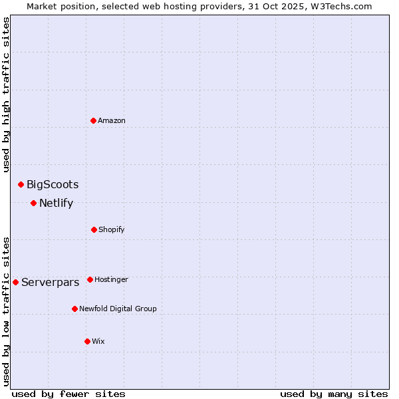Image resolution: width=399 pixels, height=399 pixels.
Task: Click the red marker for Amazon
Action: click(x=94, y=120)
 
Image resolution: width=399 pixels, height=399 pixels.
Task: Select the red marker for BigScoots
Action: click(x=21, y=184)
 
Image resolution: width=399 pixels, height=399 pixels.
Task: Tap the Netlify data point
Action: click(x=33, y=203)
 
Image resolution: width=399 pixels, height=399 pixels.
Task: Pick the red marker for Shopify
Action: click(x=94, y=229)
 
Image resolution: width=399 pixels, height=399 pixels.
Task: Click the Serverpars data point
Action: click(x=15, y=282)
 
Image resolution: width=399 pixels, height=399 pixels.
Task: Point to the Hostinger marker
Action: click(x=90, y=279)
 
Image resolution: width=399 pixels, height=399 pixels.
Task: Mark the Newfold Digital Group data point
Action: click(x=74, y=309)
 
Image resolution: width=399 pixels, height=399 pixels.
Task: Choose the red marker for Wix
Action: click(x=87, y=341)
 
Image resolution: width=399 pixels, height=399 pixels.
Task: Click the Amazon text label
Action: click(x=112, y=121)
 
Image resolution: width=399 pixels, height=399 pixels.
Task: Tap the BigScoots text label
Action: click(x=53, y=185)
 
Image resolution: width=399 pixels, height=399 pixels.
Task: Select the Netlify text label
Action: click(x=56, y=203)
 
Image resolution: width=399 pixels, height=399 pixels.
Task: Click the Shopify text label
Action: click(x=112, y=230)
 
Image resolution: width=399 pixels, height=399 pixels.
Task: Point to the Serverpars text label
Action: click(x=51, y=283)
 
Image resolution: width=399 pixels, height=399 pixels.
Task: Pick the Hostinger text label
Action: click(x=111, y=280)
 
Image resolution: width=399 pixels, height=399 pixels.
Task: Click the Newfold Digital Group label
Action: click(x=118, y=309)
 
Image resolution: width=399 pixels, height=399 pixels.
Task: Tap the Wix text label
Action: click(x=98, y=342)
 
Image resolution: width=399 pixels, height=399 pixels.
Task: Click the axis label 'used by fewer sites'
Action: click(x=68, y=394)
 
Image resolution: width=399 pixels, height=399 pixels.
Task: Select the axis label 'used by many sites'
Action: click(x=334, y=394)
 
